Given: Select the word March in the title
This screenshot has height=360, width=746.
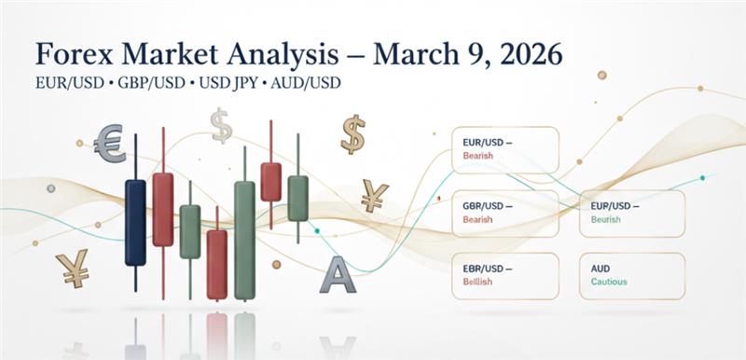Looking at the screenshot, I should click(x=416, y=53).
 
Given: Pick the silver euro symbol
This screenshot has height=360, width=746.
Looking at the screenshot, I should click(x=109, y=143).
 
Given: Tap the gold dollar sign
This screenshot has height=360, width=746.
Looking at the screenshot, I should click(x=352, y=134).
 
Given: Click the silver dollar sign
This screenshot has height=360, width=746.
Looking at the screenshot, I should click(x=221, y=125).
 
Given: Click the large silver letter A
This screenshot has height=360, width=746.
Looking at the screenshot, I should click(x=337, y=275).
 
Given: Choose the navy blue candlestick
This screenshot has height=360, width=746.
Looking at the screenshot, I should click(x=135, y=222).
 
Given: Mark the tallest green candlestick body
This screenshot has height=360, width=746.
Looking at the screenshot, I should click(x=245, y=240).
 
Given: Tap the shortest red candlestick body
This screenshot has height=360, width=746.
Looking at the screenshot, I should click(x=270, y=181).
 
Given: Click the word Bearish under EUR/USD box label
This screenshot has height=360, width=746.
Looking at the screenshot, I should click(x=478, y=157).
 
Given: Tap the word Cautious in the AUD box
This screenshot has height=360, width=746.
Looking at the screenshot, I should click(x=609, y=281).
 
